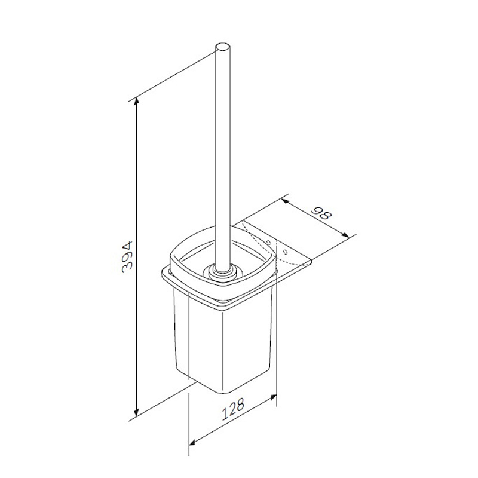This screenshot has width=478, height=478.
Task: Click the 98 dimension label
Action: (x=321, y=214)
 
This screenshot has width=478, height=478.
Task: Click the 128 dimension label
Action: (x=233, y=409)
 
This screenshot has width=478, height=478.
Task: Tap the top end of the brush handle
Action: (x=222, y=48)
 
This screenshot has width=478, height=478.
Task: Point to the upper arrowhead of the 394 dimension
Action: (x=137, y=102)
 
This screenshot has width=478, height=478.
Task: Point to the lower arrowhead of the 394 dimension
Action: (x=137, y=411)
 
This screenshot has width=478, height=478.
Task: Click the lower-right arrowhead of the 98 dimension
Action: (x=345, y=234)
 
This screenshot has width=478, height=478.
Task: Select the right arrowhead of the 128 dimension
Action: (x=272, y=397)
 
